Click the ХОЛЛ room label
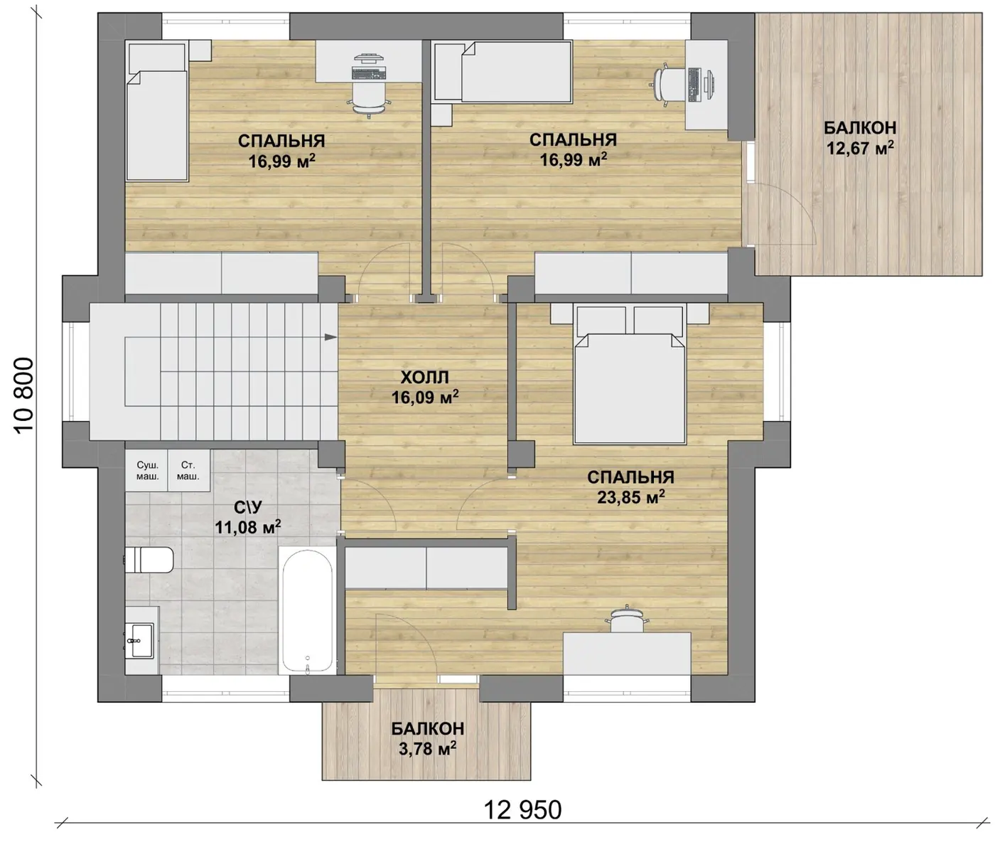(424, 377)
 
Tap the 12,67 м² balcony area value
(860, 148)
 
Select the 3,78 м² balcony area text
(427, 749)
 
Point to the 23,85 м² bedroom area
(630, 496)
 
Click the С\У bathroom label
(248, 507)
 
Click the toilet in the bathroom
(149, 560)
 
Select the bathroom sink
(139, 641)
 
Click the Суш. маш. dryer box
(147, 471)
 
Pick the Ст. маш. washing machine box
(189, 471)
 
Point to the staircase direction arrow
(330, 337)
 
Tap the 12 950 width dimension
(522, 810)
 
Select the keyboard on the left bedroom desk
(369, 73)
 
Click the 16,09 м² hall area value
(424, 398)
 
